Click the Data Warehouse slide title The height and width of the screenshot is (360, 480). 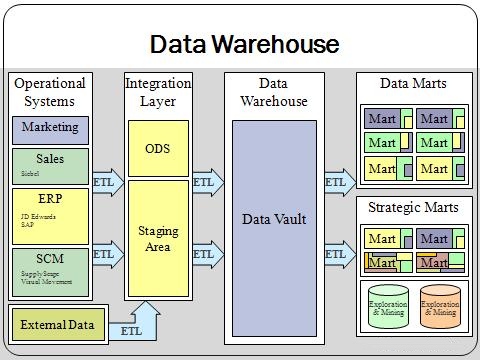pos(244,45)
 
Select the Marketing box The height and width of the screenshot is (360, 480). pos(50,129)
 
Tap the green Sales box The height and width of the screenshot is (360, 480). pos(50,165)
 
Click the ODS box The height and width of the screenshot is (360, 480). pos(158,148)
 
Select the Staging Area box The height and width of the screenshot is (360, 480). pos(158,238)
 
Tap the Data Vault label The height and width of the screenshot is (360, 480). pos(273,219)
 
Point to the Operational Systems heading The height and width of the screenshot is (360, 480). pos(50,92)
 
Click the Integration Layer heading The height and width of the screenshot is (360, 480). pos(158,92)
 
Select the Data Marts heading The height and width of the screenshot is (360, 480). pos(414,84)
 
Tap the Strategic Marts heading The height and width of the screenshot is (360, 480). pos(414,208)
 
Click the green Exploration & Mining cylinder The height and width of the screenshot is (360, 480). pos(387,308)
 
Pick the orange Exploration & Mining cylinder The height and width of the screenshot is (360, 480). pos(440,308)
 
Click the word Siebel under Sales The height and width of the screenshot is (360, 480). pos(30,173)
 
